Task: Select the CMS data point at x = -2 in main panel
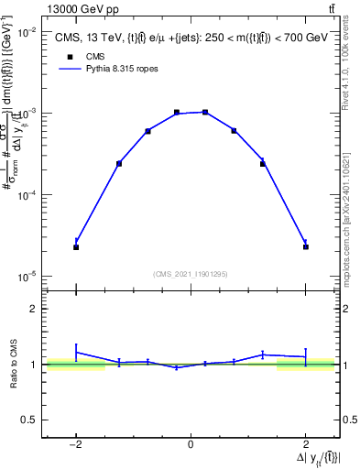point(76,247)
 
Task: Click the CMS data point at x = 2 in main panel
point(305,247)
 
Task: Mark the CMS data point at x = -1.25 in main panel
point(119,164)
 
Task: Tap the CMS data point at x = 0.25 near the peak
point(205,112)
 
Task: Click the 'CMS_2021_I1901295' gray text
point(190,274)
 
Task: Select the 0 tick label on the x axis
point(191,445)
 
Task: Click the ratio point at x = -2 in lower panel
point(76,352)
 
